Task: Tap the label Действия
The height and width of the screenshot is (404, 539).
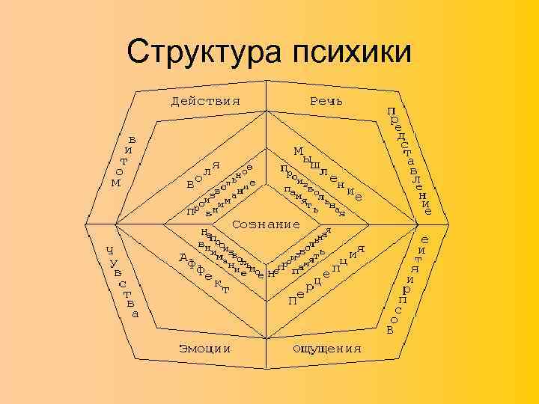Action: (x=205, y=101)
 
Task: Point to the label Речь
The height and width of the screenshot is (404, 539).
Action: (x=326, y=101)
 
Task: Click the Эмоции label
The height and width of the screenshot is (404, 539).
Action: (x=204, y=349)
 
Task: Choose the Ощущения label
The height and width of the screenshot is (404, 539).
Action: (x=327, y=349)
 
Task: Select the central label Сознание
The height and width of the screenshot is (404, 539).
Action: (x=267, y=224)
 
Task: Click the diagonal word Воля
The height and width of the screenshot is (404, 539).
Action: (x=203, y=174)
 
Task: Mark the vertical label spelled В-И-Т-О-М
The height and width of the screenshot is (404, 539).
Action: (x=124, y=161)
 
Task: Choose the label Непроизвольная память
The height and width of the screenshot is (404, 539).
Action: (x=307, y=254)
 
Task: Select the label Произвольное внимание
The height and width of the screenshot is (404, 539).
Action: (x=222, y=192)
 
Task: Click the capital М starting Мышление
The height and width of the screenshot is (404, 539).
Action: (x=299, y=150)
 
